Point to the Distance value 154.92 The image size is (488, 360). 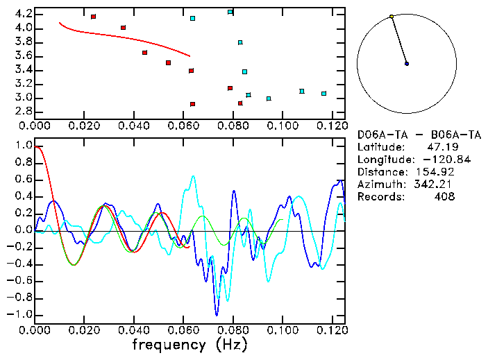tap(435, 172)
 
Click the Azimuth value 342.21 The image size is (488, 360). tap(435, 185)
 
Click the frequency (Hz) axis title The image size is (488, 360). tap(190, 344)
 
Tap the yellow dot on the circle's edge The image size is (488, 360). tap(392, 16)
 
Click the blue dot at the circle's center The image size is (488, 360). tap(407, 64)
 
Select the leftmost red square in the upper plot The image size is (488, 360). tap(93, 16)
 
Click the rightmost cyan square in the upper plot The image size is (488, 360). tap(323, 93)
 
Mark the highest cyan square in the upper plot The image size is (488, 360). tap(230, 12)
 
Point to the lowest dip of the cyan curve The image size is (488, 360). tap(217, 298)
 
